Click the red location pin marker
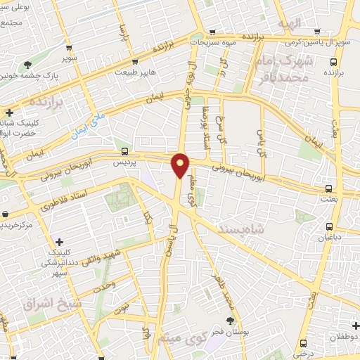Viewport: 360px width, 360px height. tap(181, 165)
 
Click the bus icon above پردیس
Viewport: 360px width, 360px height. tap(124, 150)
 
